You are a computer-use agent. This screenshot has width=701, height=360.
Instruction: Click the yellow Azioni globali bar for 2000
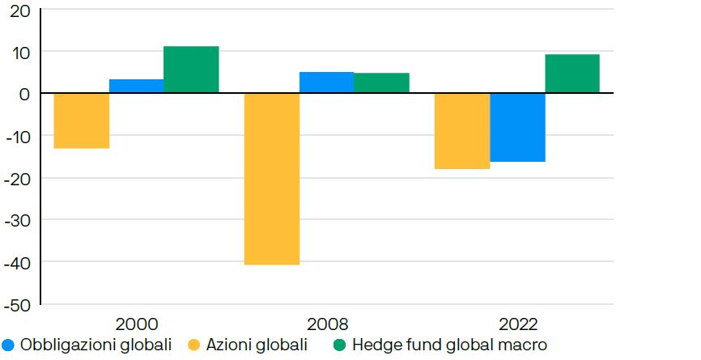click(x=82, y=121)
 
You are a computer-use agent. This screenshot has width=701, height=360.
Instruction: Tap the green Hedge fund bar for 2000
click(x=191, y=70)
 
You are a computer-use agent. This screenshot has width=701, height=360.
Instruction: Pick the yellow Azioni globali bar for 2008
click(x=272, y=179)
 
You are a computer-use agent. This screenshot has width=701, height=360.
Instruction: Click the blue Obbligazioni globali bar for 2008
click(x=326, y=83)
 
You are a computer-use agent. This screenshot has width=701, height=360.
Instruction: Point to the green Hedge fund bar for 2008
click(x=381, y=83)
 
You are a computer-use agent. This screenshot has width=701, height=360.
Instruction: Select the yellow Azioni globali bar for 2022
click(x=462, y=131)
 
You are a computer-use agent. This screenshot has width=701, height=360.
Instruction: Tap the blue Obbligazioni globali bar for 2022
click(x=517, y=128)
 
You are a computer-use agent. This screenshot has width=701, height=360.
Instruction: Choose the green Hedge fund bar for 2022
click(x=572, y=74)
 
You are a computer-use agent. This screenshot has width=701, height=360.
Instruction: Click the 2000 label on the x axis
click(x=137, y=324)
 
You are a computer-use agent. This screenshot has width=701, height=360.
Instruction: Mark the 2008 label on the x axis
click(x=327, y=324)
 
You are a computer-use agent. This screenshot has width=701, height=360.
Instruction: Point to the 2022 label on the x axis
click(x=518, y=324)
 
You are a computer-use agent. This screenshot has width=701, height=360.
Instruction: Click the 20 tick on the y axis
click(x=20, y=11)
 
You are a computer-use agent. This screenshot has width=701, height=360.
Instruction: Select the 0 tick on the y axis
click(x=24, y=94)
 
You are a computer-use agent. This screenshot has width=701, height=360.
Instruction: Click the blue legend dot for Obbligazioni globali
click(x=9, y=345)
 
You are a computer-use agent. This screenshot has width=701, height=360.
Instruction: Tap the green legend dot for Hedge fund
click(x=340, y=345)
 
